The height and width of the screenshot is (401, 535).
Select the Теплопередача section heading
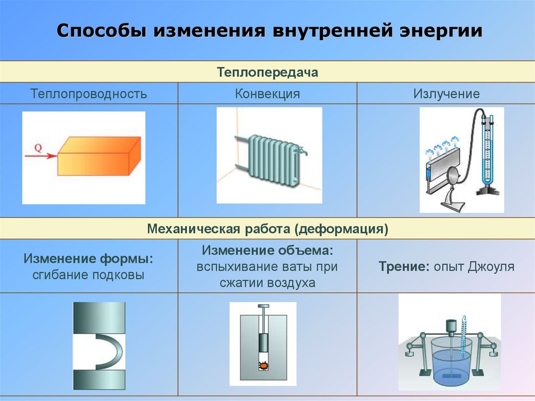267,72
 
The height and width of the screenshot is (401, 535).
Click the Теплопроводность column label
89,94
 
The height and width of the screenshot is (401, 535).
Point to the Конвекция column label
267,94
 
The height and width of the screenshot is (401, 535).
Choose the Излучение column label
446,94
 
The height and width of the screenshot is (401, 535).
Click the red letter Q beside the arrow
38,147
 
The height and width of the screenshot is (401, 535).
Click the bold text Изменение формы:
89,259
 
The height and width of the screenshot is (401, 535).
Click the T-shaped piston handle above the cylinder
263,310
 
